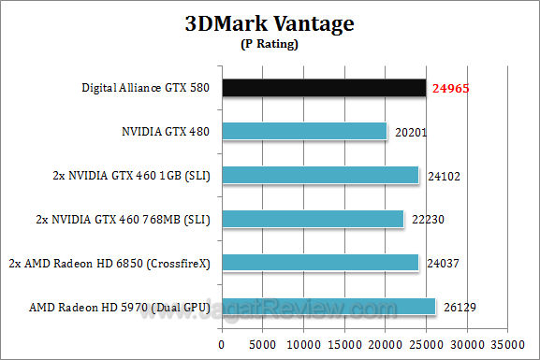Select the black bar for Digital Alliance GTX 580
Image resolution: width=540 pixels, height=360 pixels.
[x=323, y=88]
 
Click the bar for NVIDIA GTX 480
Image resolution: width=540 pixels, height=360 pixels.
[x=304, y=131]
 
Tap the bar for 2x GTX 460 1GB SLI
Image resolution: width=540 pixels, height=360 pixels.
[x=320, y=175]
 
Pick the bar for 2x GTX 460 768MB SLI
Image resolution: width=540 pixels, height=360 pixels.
[x=313, y=218]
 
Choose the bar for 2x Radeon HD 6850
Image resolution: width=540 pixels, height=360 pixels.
[x=320, y=262]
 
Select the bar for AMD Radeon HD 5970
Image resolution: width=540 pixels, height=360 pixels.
[x=328, y=306]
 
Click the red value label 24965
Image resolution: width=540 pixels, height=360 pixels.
[x=449, y=89]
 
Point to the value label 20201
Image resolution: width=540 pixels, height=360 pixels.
[x=410, y=132]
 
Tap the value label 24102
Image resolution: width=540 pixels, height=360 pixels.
[x=442, y=176]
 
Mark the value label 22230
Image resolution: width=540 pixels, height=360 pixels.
[x=427, y=219]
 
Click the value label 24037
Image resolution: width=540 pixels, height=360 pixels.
[x=442, y=263]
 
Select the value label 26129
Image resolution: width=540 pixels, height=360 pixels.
[x=459, y=307]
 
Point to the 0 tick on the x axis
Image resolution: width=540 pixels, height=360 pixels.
[x=222, y=341]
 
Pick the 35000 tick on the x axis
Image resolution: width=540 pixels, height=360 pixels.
[x=508, y=341]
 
